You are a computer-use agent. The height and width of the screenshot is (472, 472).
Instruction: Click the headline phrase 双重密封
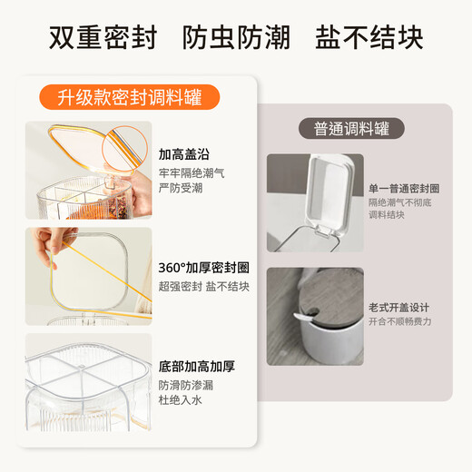pyautogui.click(x=102, y=38)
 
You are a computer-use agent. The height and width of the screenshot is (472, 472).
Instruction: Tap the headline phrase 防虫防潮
pyautogui.click(x=235, y=38)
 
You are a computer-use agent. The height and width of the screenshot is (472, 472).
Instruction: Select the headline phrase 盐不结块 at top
pyautogui.click(x=369, y=38)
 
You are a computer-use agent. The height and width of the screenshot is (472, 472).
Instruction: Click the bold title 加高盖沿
pyautogui.click(x=184, y=153)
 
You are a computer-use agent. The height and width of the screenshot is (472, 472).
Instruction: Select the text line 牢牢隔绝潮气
pyautogui.click(x=191, y=172)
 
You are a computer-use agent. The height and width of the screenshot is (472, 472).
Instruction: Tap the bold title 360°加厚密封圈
pyautogui.click(x=204, y=268)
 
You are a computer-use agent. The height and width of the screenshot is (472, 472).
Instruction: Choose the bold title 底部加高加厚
pyautogui.click(x=197, y=367)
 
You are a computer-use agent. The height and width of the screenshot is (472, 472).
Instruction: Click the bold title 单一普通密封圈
pyautogui.click(x=404, y=188)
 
